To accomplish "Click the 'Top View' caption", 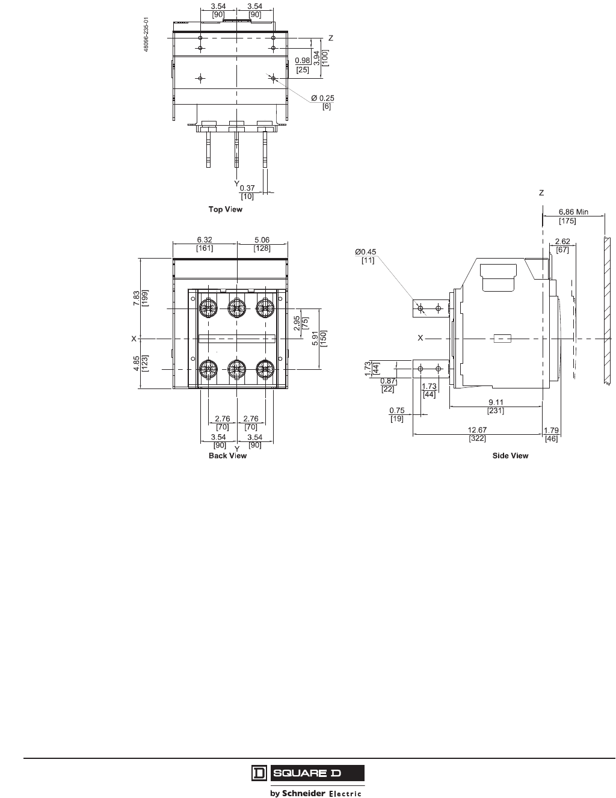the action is tap(226, 209).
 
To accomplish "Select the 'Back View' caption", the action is tap(227, 456).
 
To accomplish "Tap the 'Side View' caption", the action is tap(510, 456).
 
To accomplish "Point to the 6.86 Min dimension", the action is tap(573, 212).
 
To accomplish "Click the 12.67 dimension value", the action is tap(478, 430).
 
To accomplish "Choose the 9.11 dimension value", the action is tap(496, 402).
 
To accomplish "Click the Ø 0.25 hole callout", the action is tap(322, 98).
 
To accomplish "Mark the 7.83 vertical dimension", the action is tap(137, 298).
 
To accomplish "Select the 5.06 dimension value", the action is tap(262, 239).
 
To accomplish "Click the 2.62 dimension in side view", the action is tap(562, 242).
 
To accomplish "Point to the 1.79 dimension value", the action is tap(551, 430).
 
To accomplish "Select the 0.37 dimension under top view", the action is tap(247, 188).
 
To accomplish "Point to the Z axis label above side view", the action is tap(541, 193).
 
